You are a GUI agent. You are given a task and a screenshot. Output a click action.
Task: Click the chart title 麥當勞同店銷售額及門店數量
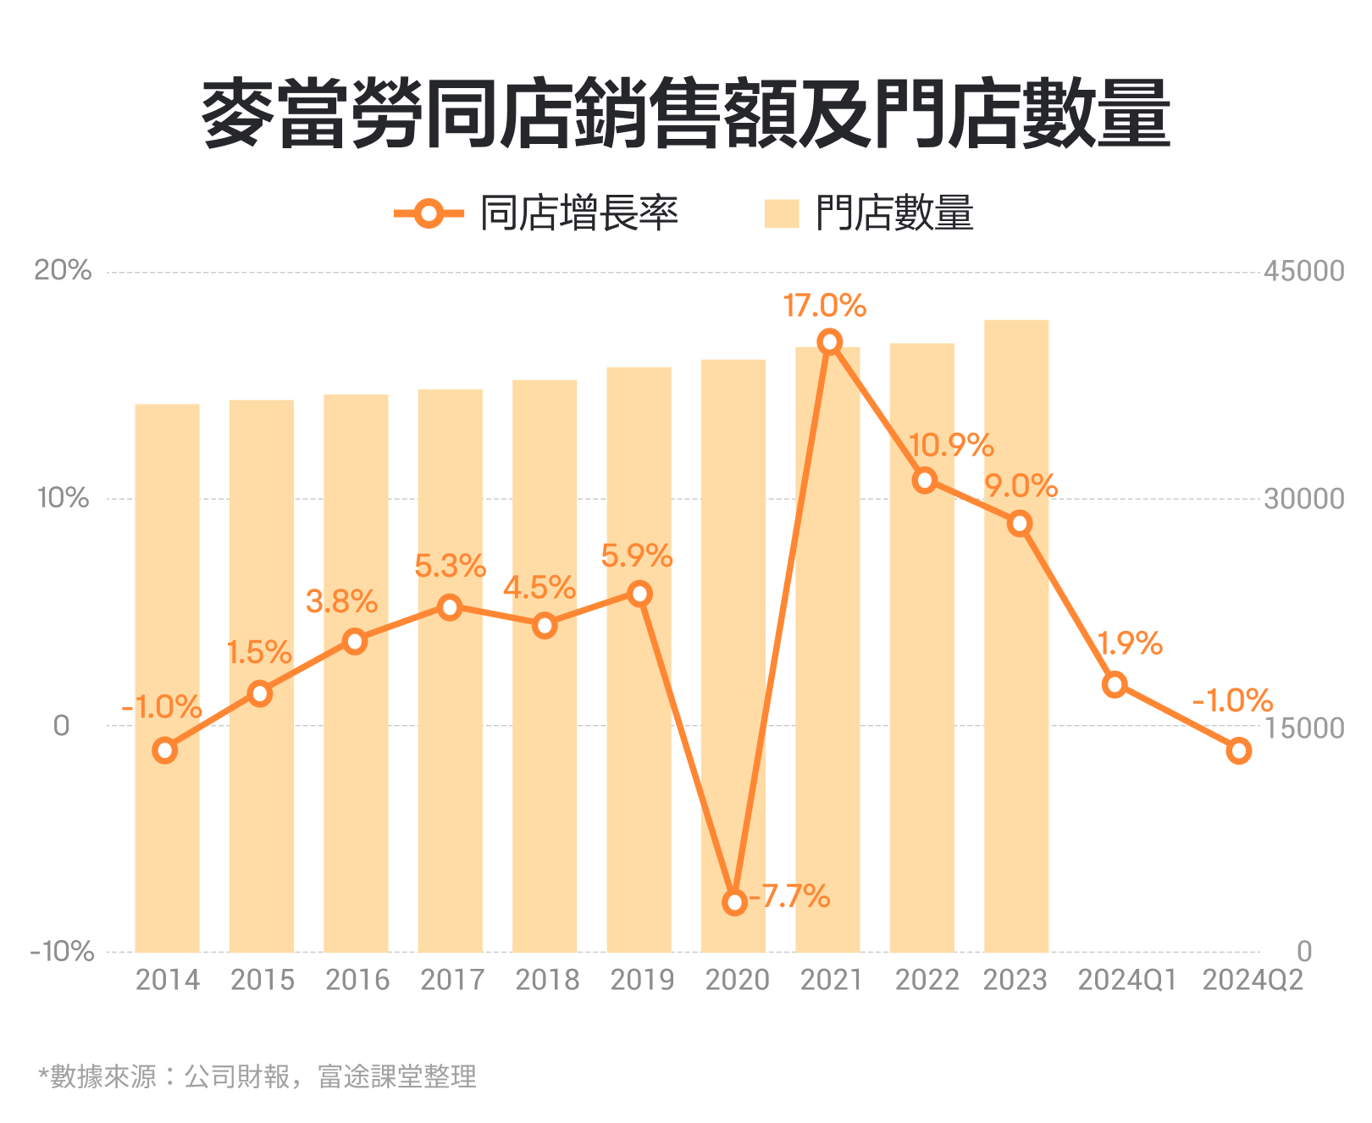pos(686,114)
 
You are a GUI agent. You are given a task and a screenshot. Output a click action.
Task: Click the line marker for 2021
pos(829,342)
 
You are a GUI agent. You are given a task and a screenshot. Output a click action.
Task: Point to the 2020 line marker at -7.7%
pos(734,902)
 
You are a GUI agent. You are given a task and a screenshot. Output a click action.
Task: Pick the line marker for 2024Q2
pos(1238,750)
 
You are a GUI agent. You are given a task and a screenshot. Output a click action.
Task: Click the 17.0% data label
pos(824,306)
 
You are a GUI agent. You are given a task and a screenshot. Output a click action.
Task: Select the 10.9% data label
pos(950,445)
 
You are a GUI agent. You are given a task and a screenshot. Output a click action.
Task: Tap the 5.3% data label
pos(450,566)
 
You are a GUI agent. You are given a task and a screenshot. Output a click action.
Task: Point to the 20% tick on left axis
pos(63,270)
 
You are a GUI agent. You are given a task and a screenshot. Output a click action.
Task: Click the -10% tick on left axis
pos(62,951)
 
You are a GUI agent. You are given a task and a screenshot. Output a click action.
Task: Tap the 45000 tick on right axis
pos(1303,271)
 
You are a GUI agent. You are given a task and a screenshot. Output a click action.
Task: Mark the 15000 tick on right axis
pos(1303,727)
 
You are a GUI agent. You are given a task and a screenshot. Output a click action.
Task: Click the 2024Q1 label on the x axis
pos(1127,980)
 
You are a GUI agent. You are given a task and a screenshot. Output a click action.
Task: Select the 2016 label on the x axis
pos(357,980)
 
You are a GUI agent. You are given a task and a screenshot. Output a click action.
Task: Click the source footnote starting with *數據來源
pos(257,1076)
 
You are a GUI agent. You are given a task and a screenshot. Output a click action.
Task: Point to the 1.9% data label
pos(1130,644)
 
